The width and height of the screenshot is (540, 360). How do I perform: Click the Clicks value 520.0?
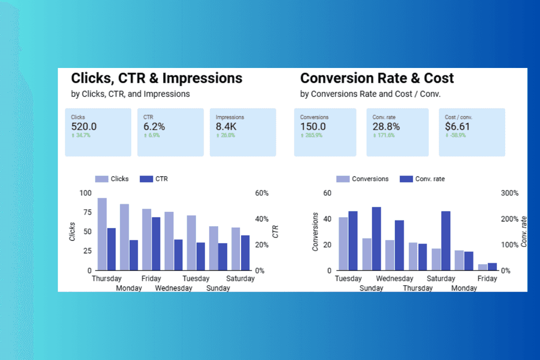pyautogui.click(x=84, y=127)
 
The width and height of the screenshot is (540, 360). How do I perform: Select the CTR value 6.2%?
pyautogui.click(x=154, y=127)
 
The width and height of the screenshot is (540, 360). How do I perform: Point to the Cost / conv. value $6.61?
pyautogui.click(x=457, y=127)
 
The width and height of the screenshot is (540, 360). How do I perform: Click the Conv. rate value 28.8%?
pyautogui.click(x=386, y=127)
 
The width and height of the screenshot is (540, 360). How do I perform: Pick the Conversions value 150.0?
pyautogui.click(x=313, y=127)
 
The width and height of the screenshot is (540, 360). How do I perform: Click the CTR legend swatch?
pyautogui.click(x=146, y=179)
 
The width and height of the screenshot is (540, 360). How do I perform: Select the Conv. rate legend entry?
pyautogui.click(x=422, y=179)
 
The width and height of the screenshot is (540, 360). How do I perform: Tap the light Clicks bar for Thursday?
pyautogui.click(x=102, y=234)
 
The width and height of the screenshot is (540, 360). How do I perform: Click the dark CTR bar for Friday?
pyautogui.click(x=156, y=244)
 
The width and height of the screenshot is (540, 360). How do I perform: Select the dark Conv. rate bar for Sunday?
pyautogui.click(x=377, y=238)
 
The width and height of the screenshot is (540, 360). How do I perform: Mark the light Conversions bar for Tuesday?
pyautogui.click(x=343, y=244)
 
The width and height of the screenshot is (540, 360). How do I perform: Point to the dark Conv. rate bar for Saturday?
pyautogui.click(x=446, y=240)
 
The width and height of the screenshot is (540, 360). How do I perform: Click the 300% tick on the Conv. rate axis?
pyautogui.click(x=509, y=193)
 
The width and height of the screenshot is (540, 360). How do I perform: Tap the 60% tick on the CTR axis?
pyautogui.click(x=261, y=193)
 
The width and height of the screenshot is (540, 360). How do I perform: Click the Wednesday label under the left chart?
pyautogui.click(x=173, y=288)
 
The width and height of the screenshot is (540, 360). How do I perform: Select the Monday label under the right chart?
pyautogui.click(x=464, y=288)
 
